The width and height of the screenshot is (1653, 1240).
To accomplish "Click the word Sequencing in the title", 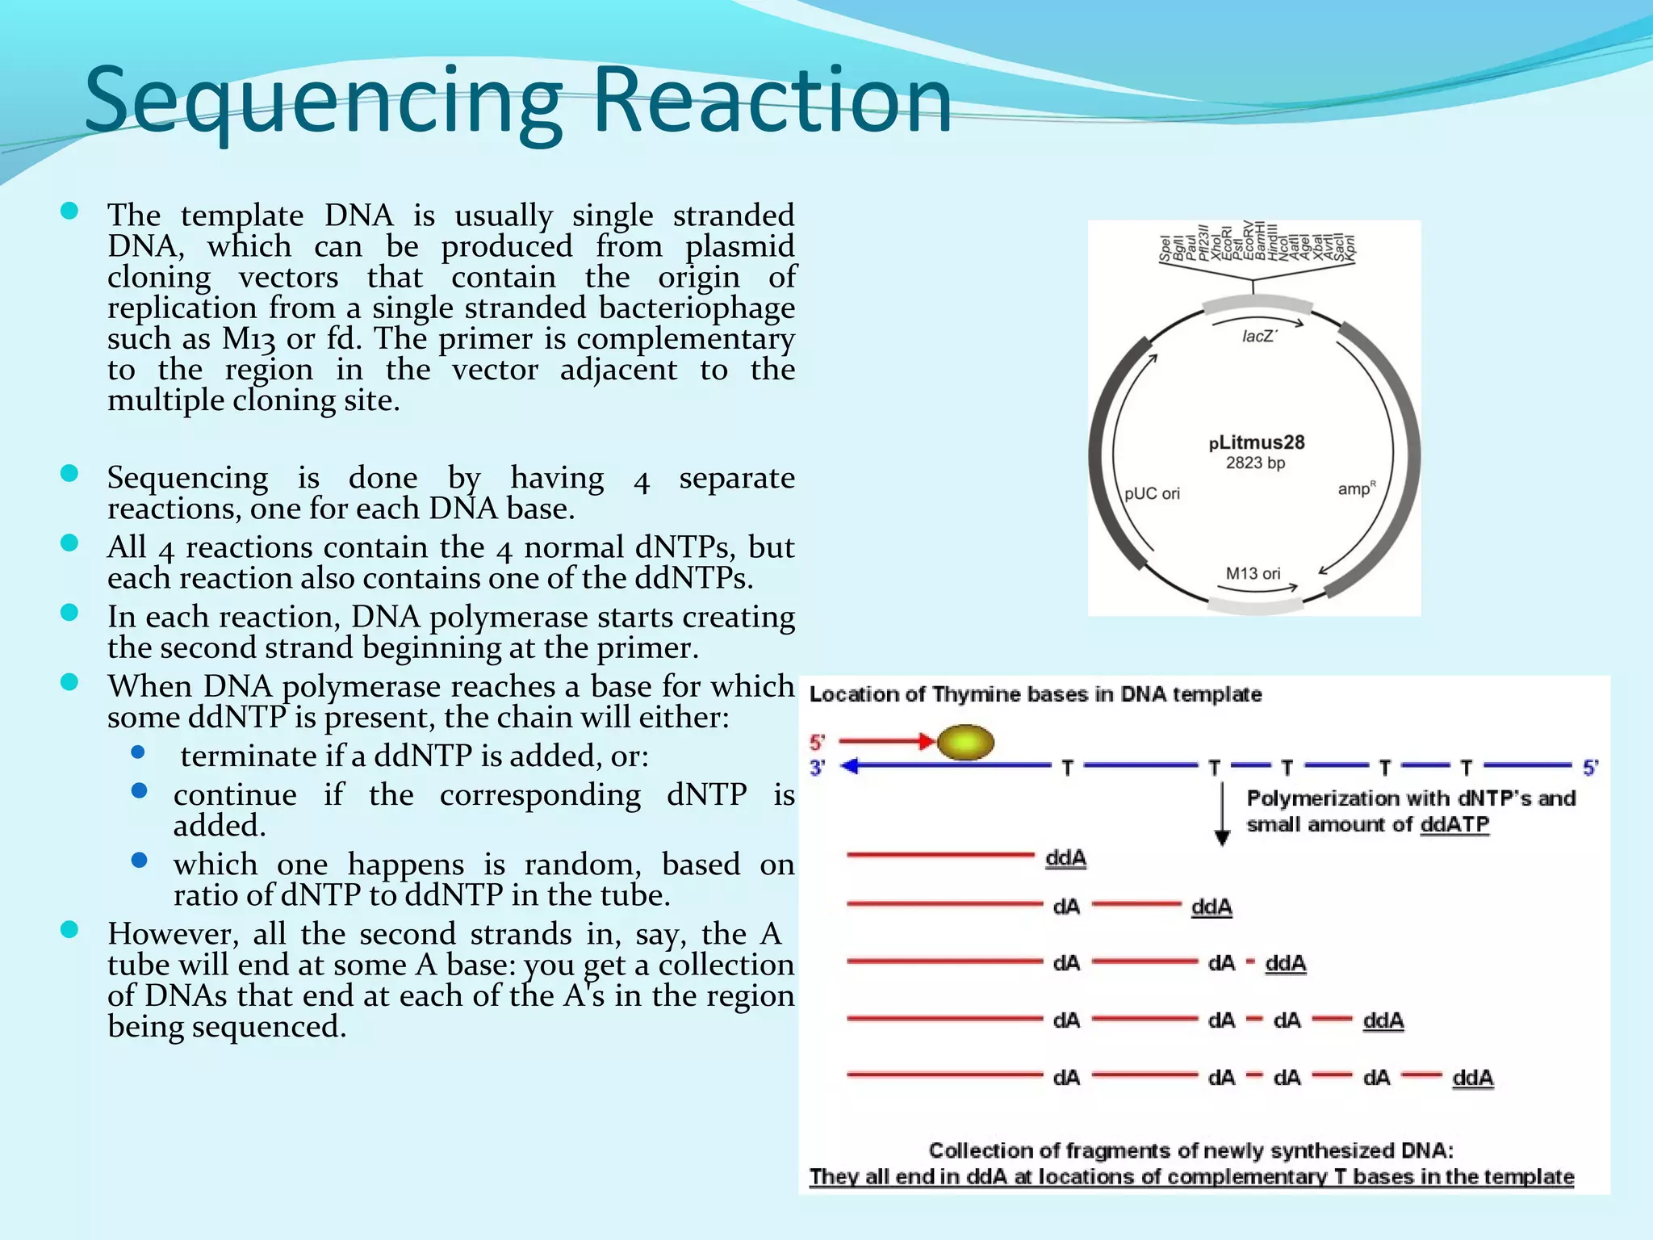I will [323, 101].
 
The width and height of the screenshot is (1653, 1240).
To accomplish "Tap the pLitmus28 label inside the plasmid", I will [1257, 442].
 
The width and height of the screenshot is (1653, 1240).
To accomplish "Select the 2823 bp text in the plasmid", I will [1255, 463].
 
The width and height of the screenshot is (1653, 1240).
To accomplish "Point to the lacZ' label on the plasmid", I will [1259, 337].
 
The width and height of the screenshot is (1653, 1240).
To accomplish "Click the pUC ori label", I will [1152, 493].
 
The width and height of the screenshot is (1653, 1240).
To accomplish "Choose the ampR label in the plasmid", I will [1356, 488].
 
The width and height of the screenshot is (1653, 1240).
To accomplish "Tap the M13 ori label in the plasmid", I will [1253, 573].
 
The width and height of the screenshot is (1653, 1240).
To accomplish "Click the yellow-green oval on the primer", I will [965, 742].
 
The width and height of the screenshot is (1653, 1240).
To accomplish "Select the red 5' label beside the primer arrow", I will [817, 742].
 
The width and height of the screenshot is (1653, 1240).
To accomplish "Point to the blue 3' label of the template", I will [817, 768].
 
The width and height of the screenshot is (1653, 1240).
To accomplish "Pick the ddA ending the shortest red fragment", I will [1065, 858].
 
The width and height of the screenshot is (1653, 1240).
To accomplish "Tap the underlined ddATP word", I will [1454, 824].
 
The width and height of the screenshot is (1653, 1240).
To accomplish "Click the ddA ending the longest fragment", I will [1472, 1078].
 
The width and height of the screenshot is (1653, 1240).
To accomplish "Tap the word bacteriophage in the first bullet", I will [697, 308].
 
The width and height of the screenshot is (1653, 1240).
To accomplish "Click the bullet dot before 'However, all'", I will [69, 930].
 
